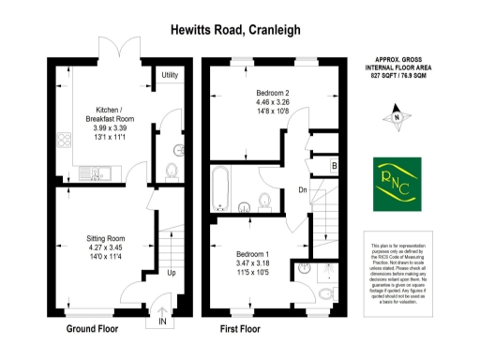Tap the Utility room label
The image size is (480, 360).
[x=170, y=75]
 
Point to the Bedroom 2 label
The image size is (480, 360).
[x=274, y=93]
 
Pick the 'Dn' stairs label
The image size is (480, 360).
[x=302, y=189]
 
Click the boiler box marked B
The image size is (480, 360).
[x=334, y=167]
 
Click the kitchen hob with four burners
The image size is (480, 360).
[x=65, y=142]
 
